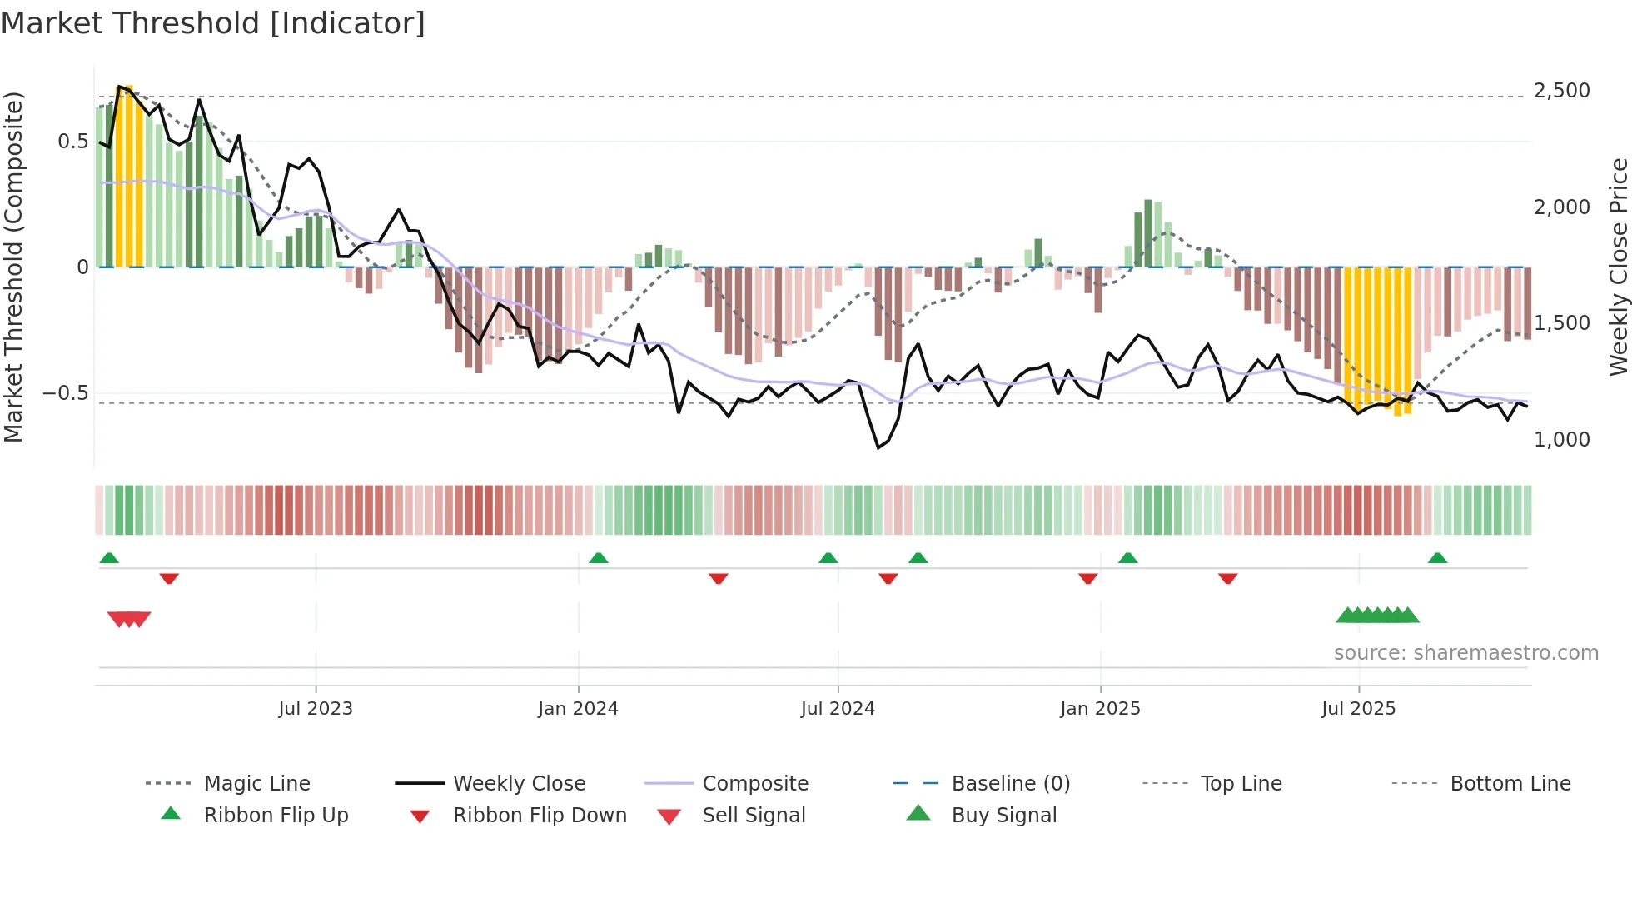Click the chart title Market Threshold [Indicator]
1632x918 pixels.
213,23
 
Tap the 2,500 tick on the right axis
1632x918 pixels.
1561,91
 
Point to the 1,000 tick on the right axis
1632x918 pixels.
1561,439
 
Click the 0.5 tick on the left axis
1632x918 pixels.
72,142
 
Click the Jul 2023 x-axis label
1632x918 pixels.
316,709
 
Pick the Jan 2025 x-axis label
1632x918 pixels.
1100,709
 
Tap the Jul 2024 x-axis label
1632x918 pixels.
838,709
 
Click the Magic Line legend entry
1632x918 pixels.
256,784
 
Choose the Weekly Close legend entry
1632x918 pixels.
519,784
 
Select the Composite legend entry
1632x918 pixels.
755,784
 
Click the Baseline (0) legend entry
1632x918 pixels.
1010,784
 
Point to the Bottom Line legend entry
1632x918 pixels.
1510,784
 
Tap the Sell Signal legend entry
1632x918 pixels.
754,816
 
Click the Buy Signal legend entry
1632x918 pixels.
1003,816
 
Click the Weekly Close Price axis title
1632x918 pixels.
1618,267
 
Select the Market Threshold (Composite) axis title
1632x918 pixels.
13,267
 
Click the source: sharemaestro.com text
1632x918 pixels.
1465,653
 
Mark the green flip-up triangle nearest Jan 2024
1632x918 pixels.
599,558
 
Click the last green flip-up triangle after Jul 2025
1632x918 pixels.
1437,558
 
